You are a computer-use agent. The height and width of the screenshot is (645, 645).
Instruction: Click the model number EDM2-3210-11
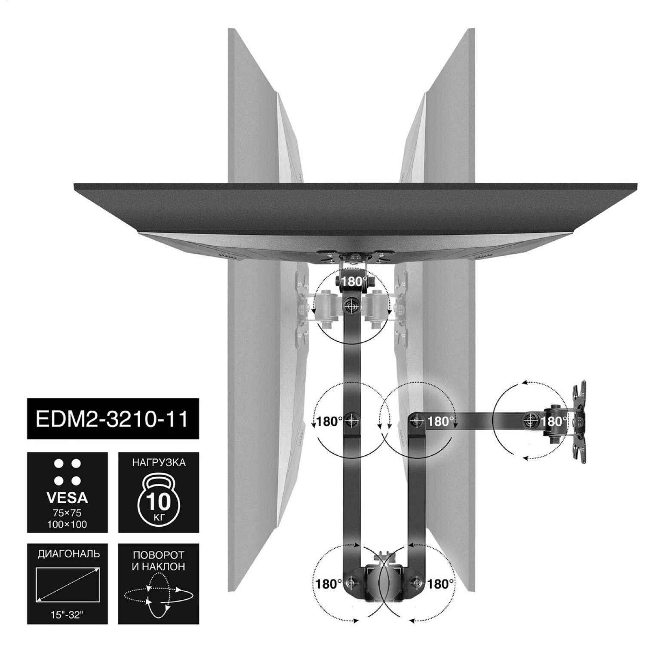point(112,419)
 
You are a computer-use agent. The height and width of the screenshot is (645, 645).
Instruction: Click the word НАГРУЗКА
point(159,463)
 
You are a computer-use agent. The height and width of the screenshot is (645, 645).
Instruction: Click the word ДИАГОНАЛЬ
point(69,554)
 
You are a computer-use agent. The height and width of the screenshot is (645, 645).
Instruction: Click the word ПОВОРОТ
point(159,556)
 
